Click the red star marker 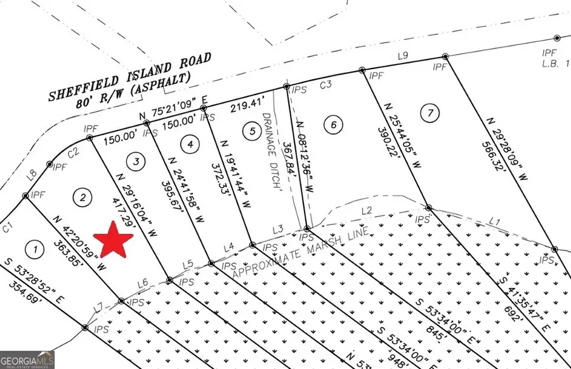pyautogui.click(x=114, y=240)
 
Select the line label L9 pyautogui.click(x=402, y=56)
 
